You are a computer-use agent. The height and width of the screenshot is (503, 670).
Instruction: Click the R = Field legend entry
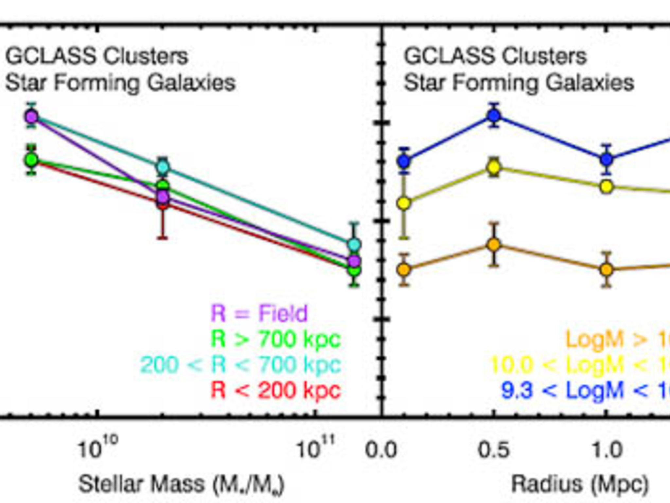pyautogui.click(x=259, y=313)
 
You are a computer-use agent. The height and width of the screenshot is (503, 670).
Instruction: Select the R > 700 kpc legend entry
pyautogui.click(x=276, y=339)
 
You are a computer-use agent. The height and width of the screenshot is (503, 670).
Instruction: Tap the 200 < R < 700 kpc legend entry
pyautogui.click(x=241, y=365)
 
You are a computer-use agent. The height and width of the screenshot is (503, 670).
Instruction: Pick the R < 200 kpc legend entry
pyautogui.click(x=276, y=390)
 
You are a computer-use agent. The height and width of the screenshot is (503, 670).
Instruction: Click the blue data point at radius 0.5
pyautogui.click(x=494, y=115)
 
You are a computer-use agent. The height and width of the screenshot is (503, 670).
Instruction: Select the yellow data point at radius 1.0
pyautogui.click(x=607, y=187)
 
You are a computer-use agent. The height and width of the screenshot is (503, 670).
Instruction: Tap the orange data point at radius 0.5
pyautogui.click(x=494, y=244)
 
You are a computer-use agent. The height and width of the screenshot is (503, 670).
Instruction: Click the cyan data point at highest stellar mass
pyautogui.click(x=354, y=244)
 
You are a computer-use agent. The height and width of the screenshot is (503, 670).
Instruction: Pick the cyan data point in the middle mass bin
pyautogui.click(x=163, y=167)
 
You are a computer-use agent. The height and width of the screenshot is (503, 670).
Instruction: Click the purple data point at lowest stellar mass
pyautogui.click(x=32, y=117)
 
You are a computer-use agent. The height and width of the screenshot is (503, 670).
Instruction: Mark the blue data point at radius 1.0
pyautogui.click(x=607, y=160)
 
